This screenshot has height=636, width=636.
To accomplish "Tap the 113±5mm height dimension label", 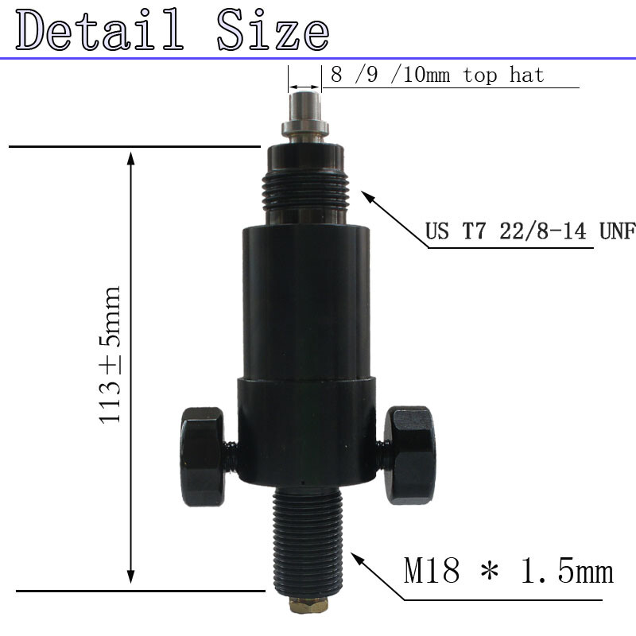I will point(110,355).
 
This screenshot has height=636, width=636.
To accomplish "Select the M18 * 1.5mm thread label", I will point(509,572).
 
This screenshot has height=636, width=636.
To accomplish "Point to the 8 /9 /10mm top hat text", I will point(437,76).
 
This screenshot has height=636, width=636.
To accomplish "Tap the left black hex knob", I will point(204,456).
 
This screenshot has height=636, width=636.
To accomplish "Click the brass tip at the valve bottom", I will point(305,607).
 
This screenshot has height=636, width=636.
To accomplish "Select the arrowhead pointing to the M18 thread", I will point(359,559).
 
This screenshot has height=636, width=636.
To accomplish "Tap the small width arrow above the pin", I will point(304,86).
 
